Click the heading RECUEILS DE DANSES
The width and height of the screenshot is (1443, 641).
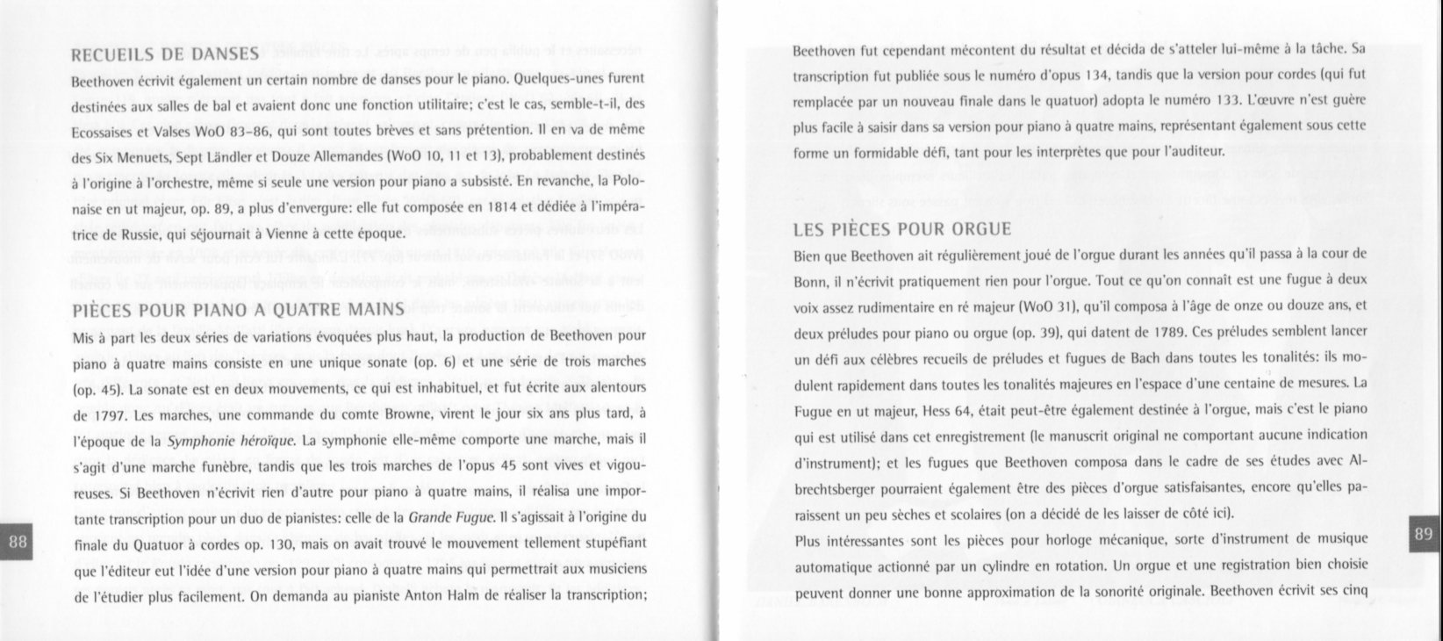163,54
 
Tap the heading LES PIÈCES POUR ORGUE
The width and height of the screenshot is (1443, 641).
902,230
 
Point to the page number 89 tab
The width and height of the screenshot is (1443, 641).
1425,533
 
